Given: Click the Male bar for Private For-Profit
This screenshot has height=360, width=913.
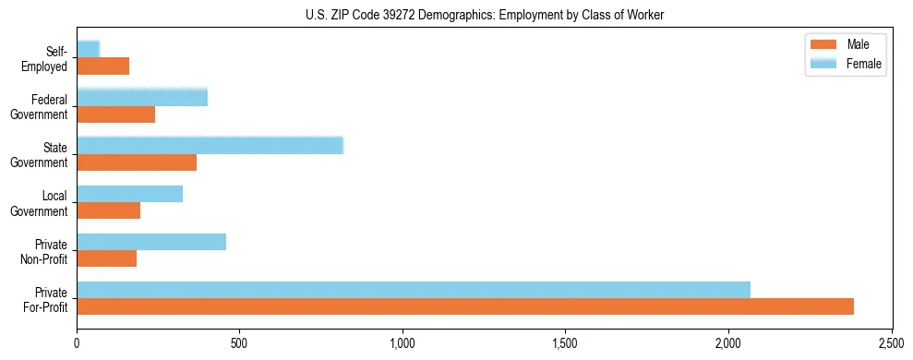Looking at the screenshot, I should (x=465, y=306).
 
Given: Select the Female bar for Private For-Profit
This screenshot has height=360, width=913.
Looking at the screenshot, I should (x=414, y=290).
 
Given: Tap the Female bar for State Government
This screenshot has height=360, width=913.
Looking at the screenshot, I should (x=210, y=145).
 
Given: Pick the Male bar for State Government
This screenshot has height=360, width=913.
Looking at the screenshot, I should (x=137, y=162).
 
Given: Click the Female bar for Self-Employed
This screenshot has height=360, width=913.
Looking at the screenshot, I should (x=89, y=49).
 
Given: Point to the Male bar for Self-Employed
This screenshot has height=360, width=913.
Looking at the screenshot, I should (x=103, y=66).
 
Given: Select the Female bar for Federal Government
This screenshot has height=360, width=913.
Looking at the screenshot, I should (x=142, y=97).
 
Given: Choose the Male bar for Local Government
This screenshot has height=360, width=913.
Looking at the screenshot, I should (x=109, y=210).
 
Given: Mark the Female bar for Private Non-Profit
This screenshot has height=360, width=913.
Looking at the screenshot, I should (x=151, y=242).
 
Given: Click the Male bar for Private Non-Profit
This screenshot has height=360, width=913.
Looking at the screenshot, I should (x=107, y=258).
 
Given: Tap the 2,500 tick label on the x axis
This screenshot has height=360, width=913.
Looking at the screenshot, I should (x=892, y=343).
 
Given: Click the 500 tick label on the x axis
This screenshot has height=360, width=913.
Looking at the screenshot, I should (x=240, y=343).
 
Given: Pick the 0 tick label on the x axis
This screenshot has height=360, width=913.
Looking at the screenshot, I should (x=78, y=343).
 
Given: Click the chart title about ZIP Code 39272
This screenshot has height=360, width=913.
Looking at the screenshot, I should (x=485, y=15).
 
